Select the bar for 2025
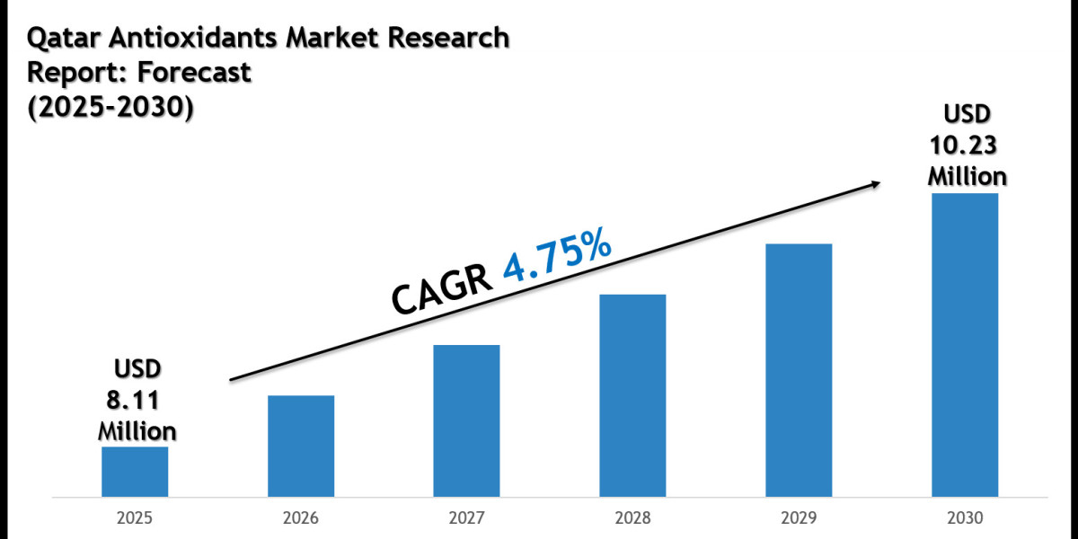pos(135,471)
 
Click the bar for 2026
pos(301,446)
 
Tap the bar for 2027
pos(466,420)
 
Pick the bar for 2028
pos(632,395)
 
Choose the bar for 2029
pos(799,369)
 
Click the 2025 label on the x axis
pos(135,518)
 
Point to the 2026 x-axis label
pos(301,518)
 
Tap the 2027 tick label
pos(466,518)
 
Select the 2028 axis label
pos(632,518)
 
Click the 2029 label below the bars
pos(799,518)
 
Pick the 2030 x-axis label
pos(965,518)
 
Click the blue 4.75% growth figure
pos(558,256)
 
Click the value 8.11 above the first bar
pos(137,400)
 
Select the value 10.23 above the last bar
pos(966,145)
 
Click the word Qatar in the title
pos(58,38)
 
